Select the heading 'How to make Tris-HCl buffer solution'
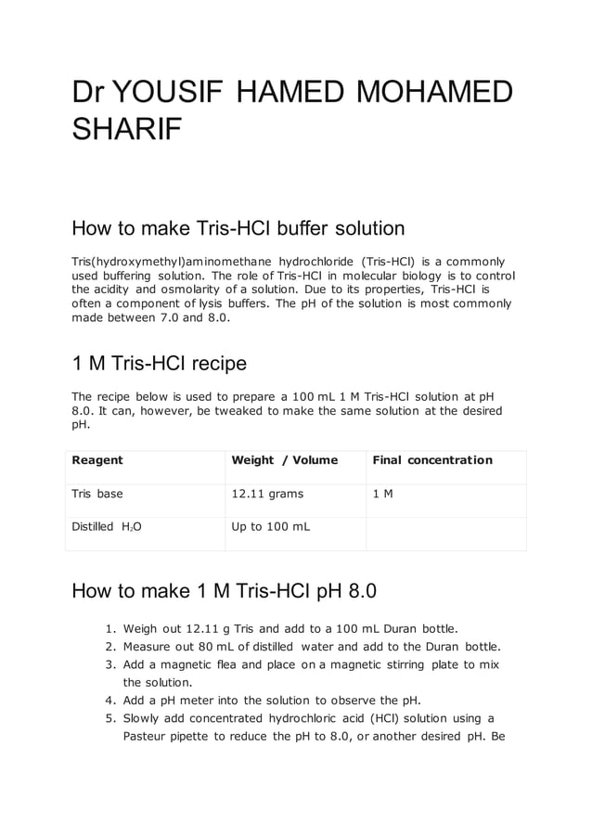(238, 228)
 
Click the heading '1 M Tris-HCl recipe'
(159, 362)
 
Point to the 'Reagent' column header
(97, 460)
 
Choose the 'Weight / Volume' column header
(284, 460)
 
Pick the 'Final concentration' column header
(432, 460)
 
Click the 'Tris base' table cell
(97, 494)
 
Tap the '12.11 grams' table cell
(267, 494)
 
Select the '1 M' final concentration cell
(382, 494)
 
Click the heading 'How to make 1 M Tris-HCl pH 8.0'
(224, 590)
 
